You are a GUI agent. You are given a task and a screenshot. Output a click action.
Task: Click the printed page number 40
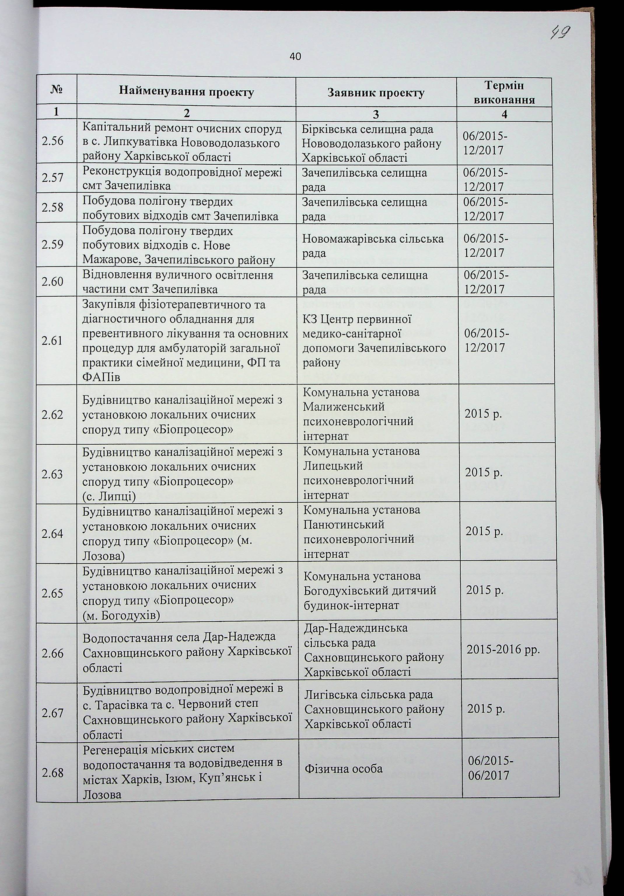point(295,57)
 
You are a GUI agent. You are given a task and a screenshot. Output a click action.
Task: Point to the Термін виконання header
point(504,93)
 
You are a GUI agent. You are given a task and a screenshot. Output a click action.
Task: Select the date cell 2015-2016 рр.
point(503,650)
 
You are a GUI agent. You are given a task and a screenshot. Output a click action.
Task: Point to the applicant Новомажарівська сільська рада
point(373,246)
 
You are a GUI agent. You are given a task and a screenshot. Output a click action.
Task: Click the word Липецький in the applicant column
point(333,466)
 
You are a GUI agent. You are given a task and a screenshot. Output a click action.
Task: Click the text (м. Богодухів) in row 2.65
point(122,615)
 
